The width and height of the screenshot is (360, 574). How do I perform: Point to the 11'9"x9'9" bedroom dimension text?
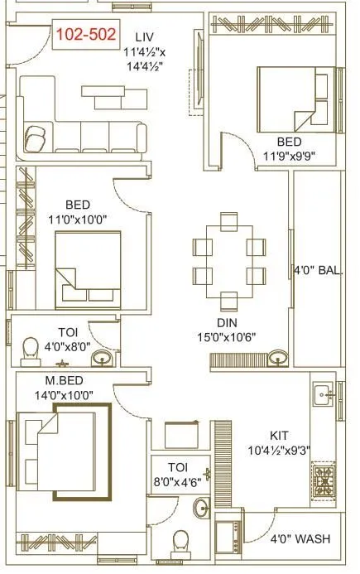(289, 156)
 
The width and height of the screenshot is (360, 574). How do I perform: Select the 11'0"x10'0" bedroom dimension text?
(78, 219)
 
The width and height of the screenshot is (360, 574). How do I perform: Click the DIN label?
(228, 323)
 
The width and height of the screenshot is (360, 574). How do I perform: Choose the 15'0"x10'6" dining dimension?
(228, 337)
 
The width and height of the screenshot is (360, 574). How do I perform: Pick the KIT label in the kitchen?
(279, 435)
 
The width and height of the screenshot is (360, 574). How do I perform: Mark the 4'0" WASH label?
(300, 539)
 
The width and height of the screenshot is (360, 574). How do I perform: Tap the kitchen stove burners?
(322, 478)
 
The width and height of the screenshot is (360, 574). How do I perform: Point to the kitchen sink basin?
(322, 396)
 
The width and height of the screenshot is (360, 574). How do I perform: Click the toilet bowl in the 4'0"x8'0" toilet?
(30, 349)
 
